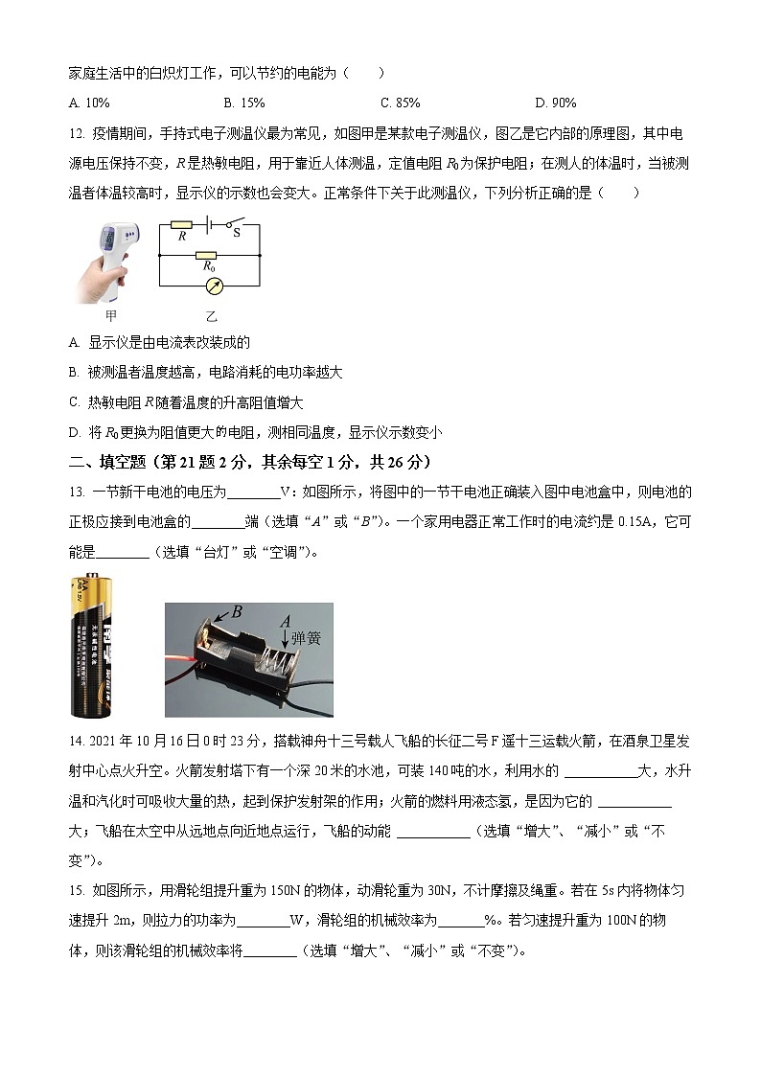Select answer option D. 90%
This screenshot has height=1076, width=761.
pyautogui.click(x=555, y=103)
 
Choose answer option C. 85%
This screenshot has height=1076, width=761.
pyautogui.click(x=400, y=103)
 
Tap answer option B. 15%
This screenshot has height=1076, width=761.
pyautogui.click(x=244, y=103)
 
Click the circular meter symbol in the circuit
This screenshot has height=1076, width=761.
pyautogui.click(x=210, y=286)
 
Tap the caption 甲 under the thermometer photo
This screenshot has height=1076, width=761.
pyautogui.click(x=111, y=315)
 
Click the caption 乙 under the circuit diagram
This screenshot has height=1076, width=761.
pyautogui.click(x=211, y=315)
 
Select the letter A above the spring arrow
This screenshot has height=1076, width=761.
pyautogui.click(x=285, y=622)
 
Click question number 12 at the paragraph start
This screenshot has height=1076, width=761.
pyautogui.click(x=78, y=133)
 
